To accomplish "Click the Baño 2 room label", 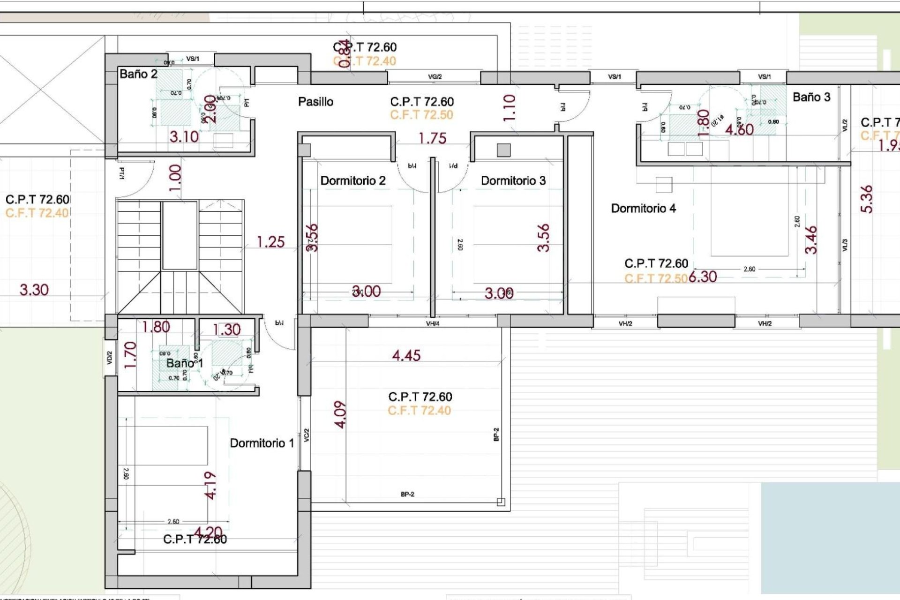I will tap(138, 74).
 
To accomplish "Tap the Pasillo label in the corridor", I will tap(315, 102).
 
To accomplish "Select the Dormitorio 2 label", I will tap(352, 181).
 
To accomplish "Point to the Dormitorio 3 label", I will tap(513, 181).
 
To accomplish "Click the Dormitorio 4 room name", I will tap(643, 209).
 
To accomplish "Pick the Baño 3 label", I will tap(811, 97).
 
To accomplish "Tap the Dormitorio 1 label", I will tap(262, 443).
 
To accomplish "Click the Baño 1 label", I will tap(184, 363).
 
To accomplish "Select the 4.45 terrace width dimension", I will tap(406, 356).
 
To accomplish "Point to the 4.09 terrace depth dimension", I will tap(341, 414).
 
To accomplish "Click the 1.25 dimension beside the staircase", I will tap(270, 242).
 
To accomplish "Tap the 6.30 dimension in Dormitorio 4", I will tap(703, 277).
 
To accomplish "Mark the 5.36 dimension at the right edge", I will tap(867, 199).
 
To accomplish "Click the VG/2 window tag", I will tap(435, 77).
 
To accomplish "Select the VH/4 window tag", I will tap(432, 323).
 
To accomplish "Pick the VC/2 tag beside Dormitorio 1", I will tap(307, 435).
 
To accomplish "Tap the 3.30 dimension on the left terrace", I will tap(34, 290).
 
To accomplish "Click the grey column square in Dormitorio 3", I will tap(503, 150).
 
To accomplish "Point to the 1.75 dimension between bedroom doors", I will tap(432, 139).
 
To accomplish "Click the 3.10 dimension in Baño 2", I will tap(184, 137).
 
